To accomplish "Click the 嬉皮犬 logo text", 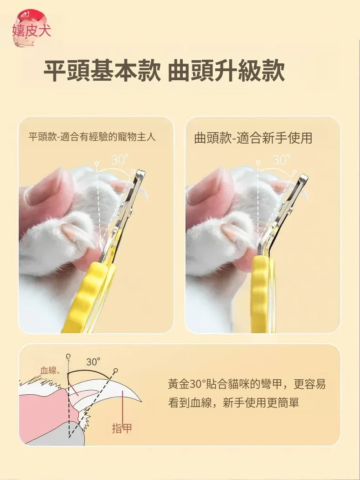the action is coord(31,31).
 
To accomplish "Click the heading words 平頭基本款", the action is coord(102,71).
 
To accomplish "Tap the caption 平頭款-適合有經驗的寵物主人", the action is coord(92,137).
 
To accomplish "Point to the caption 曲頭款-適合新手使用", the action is coord(253,138).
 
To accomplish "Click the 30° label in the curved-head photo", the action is coord(281,160).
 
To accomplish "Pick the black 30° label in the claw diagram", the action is coord(93,362).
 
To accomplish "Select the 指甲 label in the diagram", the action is coord(122,428).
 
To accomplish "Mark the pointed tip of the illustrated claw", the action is coord(140,401).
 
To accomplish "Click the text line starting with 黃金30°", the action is coord(247,384).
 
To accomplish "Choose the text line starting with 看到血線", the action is coord(233,403).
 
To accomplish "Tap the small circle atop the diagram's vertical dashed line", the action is coord(68,356).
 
